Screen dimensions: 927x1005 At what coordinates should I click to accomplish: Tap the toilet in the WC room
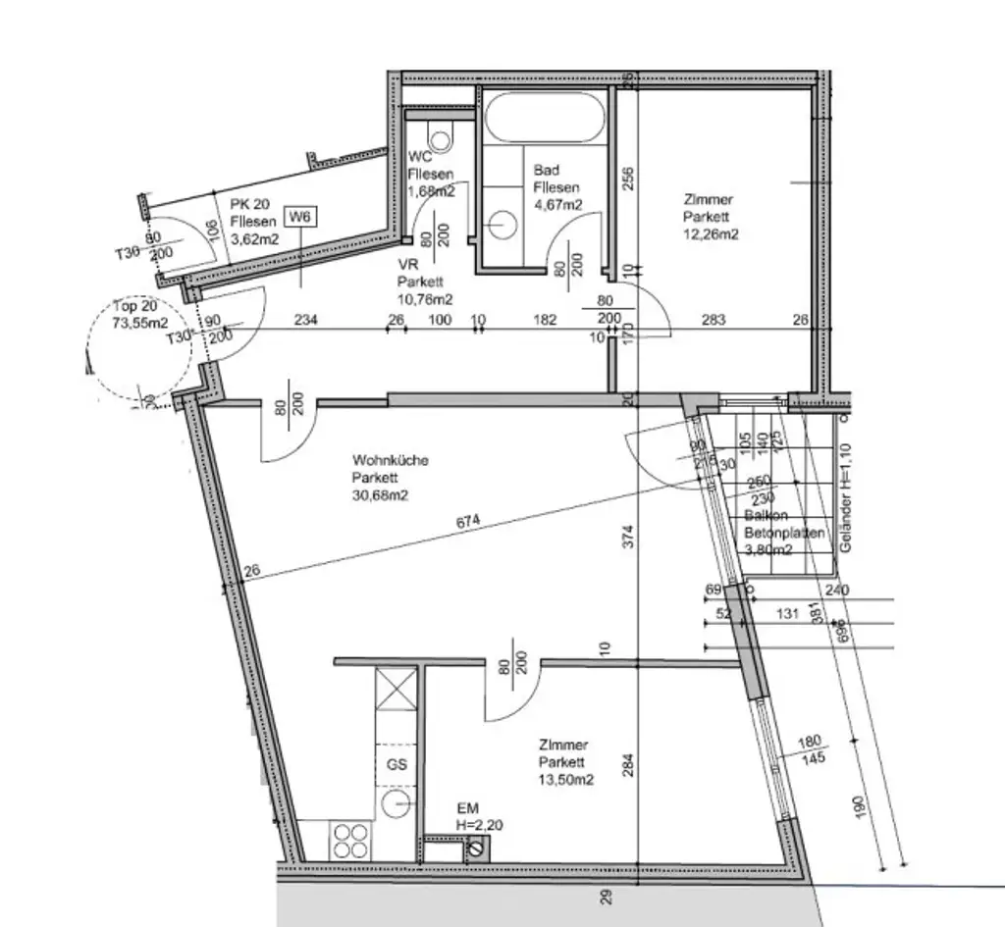coord(441,137)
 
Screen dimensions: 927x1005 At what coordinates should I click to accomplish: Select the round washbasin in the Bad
coord(503,225)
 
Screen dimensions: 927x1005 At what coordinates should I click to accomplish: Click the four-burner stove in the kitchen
coord(351,840)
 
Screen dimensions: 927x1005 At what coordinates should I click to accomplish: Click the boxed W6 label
coord(300,219)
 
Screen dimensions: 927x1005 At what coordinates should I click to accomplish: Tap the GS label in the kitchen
coord(397,764)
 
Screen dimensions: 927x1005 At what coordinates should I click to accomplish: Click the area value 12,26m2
coord(712,233)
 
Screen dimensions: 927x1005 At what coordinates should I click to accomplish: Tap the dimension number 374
coord(629,535)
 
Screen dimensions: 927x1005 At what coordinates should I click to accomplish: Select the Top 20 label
coord(135,305)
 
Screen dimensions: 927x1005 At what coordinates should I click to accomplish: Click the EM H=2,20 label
coord(478,817)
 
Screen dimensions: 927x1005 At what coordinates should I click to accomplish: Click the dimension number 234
coord(307,320)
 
